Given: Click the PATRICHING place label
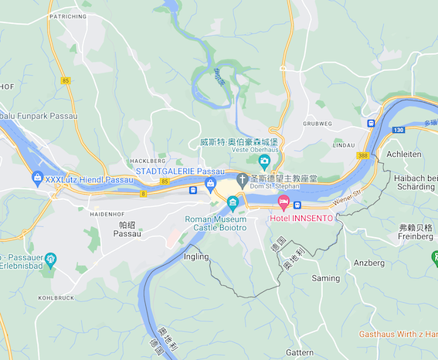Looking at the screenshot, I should [x=67, y=15].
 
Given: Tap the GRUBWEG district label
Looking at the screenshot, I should [x=317, y=124].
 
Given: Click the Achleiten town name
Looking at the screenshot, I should [x=403, y=155].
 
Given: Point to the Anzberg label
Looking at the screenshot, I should [x=368, y=263].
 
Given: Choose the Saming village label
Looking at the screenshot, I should [x=325, y=277].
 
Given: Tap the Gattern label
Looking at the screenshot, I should [x=299, y=352].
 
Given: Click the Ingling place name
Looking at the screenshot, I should [x=196, y=256].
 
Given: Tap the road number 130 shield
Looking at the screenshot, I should [x=397, y=130].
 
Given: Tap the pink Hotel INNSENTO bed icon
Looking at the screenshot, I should [x=284, y=203].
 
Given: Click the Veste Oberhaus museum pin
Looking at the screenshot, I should [x=264, y=161].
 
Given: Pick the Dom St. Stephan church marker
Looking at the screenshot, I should [x=242, y=180].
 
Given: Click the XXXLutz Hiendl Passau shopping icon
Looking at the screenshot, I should [x=37, y=179].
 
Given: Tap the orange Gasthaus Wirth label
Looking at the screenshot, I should [x=397, y=334].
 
